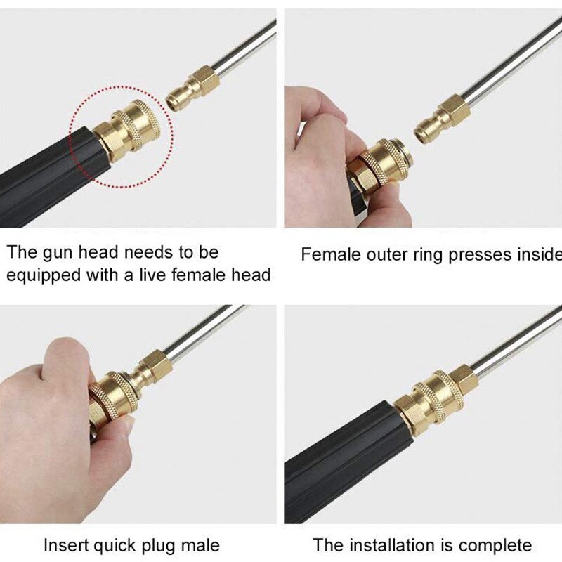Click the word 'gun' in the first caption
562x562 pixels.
[58, 254]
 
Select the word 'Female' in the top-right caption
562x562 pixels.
[330, 254]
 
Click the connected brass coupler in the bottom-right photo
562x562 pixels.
[436, 398]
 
